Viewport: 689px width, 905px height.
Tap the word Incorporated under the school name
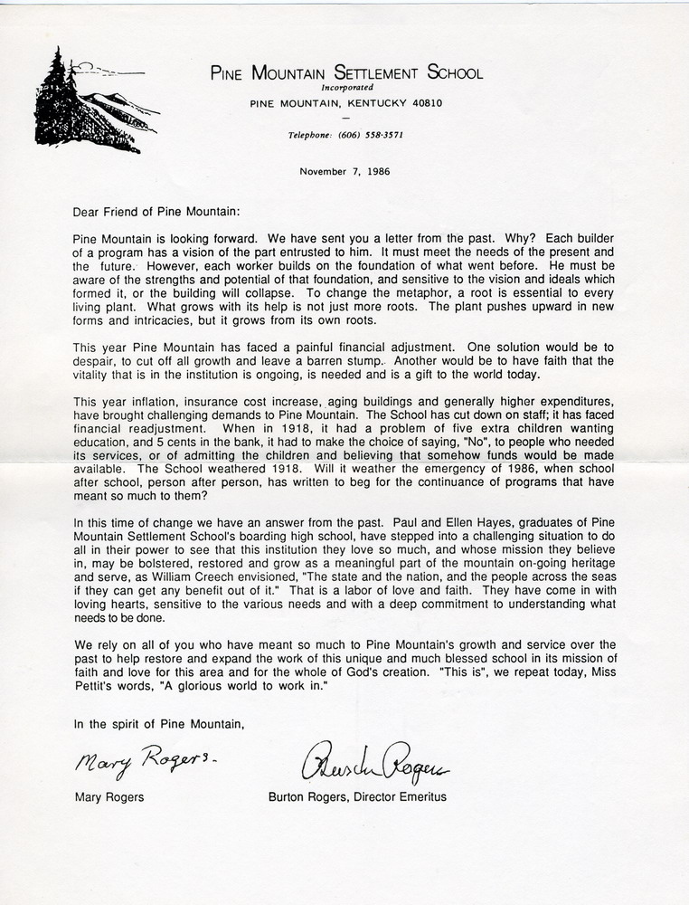click(x=346, y=88)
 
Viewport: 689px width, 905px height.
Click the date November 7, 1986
click(x=346, y=170)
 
